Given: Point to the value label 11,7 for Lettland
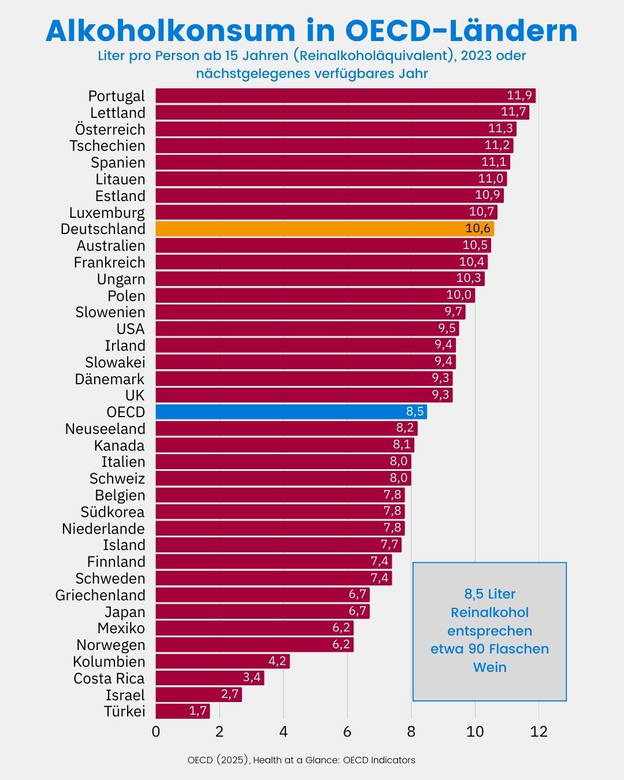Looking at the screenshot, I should tap(513, 112).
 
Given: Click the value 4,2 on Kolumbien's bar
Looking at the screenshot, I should tap(277, 661).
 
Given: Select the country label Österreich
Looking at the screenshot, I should tap(110, 129).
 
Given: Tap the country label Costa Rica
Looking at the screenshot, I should tap(109, 678).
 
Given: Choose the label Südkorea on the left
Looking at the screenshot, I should tap(113, 512).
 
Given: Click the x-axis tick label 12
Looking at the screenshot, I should tap(538, 732).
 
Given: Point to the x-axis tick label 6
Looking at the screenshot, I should tap(347, 732).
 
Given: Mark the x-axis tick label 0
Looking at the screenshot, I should tap(156, 732).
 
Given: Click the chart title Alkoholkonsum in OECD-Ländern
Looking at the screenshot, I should tap(312, 31).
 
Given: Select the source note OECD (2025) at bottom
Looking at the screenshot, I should tap(301, 760).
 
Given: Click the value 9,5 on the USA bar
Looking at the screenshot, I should tap(447, 329).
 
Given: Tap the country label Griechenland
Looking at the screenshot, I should tap(101, 595).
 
